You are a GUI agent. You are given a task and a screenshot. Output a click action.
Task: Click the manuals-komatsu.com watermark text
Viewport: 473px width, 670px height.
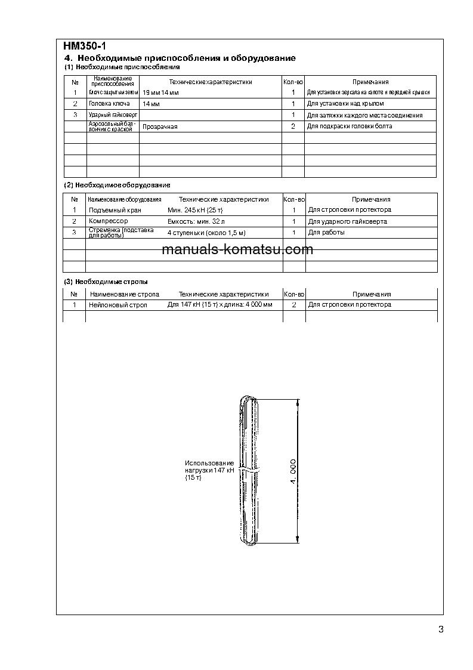tap(237, 249)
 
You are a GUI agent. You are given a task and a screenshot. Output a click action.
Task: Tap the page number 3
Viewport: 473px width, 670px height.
tap(440, 629)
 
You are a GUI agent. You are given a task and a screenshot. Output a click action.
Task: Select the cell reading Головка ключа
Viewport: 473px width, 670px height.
tap(109, 104)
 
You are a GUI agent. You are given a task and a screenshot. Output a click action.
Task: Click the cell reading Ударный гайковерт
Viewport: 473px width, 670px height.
tap(113, 115)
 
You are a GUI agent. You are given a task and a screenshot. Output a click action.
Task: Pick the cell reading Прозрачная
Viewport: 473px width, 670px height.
tap(160, 126)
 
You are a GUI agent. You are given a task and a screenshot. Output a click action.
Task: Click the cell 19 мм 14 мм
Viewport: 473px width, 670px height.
tap(161, 93)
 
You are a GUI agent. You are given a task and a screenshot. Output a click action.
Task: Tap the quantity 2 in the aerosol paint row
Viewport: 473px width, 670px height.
tap(293, 126)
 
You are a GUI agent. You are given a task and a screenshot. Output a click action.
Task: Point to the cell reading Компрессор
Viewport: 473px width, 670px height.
tap(108, 221)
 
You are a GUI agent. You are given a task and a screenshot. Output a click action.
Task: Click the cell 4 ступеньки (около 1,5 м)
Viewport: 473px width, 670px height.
tap(206, 233)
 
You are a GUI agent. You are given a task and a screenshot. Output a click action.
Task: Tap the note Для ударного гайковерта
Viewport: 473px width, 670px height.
tap(347, 221)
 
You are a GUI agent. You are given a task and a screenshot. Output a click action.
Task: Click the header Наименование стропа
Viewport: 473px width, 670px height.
tap(124, 294)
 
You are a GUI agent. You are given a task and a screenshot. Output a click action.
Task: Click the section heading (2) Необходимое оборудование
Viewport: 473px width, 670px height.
tap(117, 186)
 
